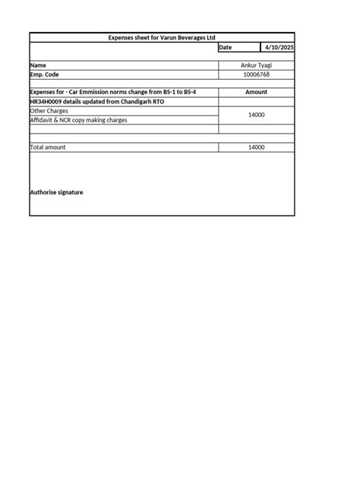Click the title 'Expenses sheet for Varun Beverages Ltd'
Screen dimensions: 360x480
pos(161,37)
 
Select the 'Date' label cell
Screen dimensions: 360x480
pos(225,47)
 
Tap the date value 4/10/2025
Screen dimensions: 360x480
pos(278,47)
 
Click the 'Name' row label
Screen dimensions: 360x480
pos(38,65)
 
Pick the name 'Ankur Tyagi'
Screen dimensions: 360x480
pos(256,65)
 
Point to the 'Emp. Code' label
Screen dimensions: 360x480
pos(44,74)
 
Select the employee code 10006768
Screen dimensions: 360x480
pos(256,74)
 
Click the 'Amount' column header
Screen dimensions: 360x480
pos(256,92)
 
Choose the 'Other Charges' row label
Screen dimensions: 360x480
pos(49,111)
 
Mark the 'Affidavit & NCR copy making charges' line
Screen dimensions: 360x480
pos(78,120)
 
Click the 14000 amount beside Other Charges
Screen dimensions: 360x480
pos(256,115)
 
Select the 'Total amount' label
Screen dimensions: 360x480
pos(47,147)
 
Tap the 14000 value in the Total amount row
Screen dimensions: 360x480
pos(256,147)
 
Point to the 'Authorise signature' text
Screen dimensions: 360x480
pos(56,192)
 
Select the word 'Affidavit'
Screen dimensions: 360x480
pos(43,120)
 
